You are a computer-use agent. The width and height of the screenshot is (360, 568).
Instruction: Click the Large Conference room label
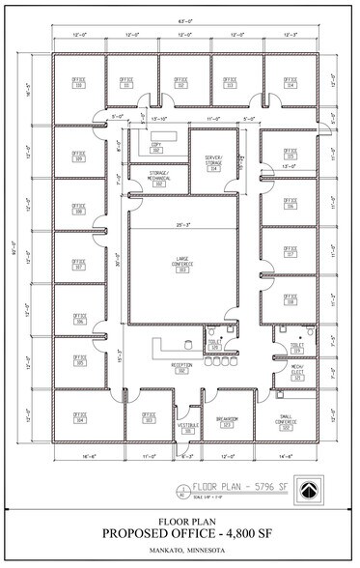(180, 261)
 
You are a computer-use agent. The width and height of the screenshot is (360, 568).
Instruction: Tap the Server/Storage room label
(214, 163)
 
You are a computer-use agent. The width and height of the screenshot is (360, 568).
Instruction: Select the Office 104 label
(80, 419)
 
